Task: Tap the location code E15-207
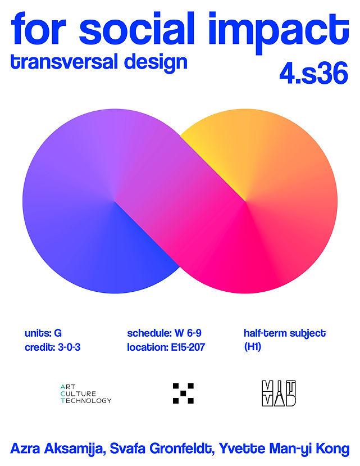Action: [x=188, y=347]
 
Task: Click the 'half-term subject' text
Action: [x=285, y=333]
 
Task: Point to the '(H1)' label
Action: [x=253, y=347]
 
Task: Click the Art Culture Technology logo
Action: [x=85, y=393]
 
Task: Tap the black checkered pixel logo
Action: [x=183, y=393]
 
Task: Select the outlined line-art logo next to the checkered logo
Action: [x=279, y=393]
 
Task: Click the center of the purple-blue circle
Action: [x=115, y=201]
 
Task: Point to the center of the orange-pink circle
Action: [x=245, y=201]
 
